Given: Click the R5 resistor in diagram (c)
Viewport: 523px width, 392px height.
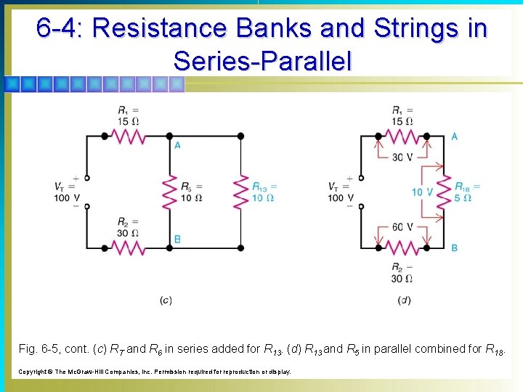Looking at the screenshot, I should point(169,191).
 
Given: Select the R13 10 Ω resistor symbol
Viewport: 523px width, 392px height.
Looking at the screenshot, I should point(240,191).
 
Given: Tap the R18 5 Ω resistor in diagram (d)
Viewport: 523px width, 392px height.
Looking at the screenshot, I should point(439,191).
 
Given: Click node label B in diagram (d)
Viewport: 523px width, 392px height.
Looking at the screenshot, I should point(454,248).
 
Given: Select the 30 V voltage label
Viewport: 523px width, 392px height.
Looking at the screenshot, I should point(401,157).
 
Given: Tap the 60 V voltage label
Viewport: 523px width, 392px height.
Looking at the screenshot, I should point(401,227).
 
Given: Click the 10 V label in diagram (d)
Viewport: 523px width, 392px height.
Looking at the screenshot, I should point(422,192).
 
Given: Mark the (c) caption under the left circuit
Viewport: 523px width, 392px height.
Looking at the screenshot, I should point(166,301).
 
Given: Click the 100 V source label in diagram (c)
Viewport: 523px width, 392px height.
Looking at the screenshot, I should point(67,197).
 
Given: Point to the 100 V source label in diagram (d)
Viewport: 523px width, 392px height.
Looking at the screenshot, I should point(341,197).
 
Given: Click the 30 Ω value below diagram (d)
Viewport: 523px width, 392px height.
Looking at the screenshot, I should point(402,278).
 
